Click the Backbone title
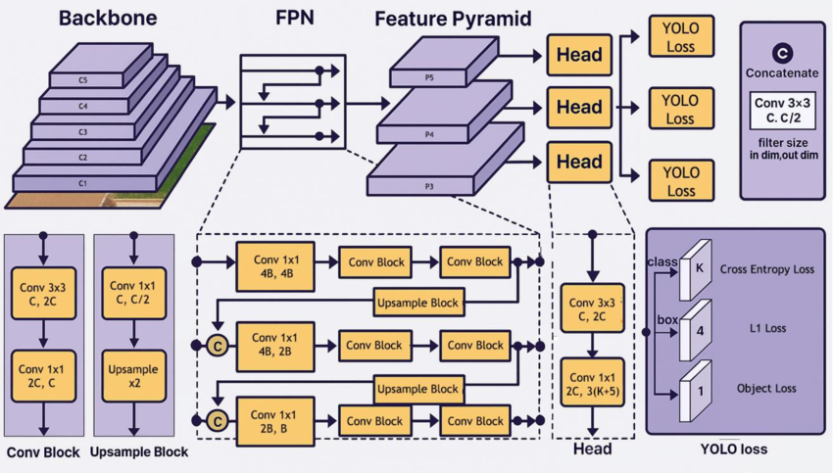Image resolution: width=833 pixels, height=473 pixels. (x=108, y=19)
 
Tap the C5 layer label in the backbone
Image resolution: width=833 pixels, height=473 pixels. (x=83, y=78)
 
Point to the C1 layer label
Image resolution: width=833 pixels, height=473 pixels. (x=83, y=182)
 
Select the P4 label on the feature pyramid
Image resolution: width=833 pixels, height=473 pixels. (x=429, y=135)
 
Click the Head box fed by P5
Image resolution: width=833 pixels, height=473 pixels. (x=578, y=55)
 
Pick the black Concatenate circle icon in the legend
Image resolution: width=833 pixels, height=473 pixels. (x=782, y=53)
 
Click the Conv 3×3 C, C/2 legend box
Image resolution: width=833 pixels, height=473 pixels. (x=782, y=111)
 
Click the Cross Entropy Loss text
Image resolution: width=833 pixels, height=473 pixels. (x=767, y=269)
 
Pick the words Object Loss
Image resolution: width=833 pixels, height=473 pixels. (x=767, y=389)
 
